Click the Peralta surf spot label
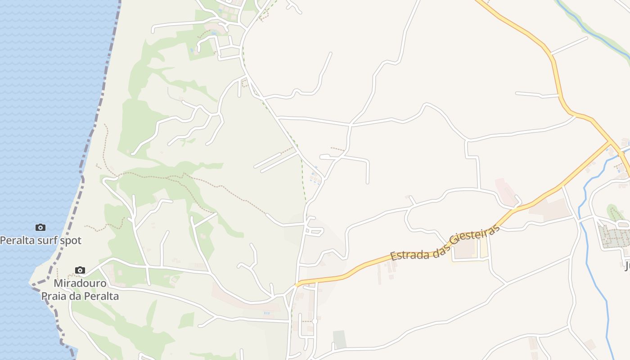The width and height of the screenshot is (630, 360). point(40,240)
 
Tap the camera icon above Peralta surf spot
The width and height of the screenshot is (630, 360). point(40,228)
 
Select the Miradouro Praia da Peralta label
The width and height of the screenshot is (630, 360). point(80,290)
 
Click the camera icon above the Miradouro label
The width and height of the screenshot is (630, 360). point(80,270)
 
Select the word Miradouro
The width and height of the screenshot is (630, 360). point(80,283)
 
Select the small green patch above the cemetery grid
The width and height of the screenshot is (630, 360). point(612,211)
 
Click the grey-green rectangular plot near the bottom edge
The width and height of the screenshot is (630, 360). point(340,339)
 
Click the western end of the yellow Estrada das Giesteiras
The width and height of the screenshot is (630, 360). point(297,284)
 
